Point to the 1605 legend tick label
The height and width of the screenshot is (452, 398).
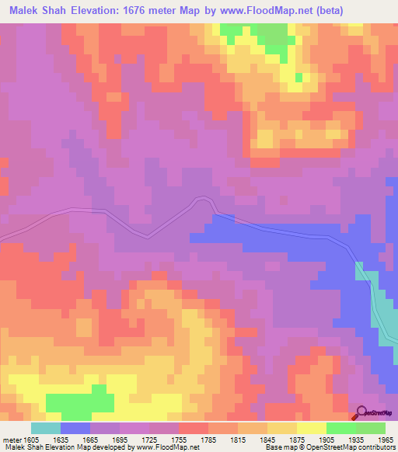tap(32, 439)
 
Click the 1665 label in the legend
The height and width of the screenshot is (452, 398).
tap(90, 439)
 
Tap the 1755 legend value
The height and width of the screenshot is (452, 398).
tap(179, 439)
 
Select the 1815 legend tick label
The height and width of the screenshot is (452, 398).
tap(238, 439)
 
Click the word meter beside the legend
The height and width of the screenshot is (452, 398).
tap(10, 439)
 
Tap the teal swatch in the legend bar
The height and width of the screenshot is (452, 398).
tap(46, 428)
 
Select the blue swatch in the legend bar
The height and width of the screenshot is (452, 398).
tap(75, 428)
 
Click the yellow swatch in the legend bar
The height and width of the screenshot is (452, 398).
tap(311, 428)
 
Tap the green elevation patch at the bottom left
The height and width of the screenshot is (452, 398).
tap(80, 402)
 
